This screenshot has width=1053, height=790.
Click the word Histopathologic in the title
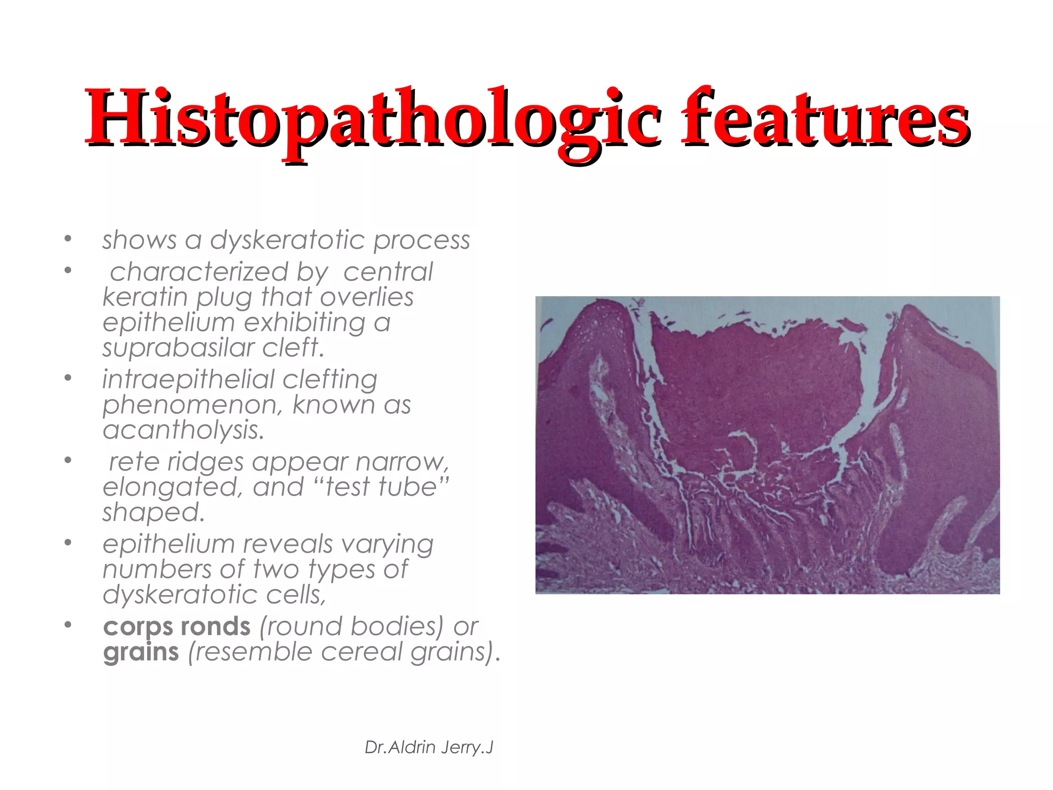coord(373,118)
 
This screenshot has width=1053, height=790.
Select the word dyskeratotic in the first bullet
coord(287,240)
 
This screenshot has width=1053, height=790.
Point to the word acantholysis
coord(183,430)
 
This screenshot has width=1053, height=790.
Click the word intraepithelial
coord(188,380)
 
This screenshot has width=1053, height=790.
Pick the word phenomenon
coord(192,405)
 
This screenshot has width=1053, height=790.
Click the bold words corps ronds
coord(176,626)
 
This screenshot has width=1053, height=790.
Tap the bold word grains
coord(141,652)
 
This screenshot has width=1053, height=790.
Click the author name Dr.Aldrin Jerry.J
coord(429,747)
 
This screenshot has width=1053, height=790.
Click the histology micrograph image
coord(767,445)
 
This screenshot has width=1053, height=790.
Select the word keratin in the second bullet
coord(146,297)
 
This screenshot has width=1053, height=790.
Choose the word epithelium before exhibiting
coord(169,323)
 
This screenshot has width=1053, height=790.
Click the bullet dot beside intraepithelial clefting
coord(68,379)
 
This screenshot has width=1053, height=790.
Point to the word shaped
coord(153,513)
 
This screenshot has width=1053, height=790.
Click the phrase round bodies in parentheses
coord(352,626)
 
